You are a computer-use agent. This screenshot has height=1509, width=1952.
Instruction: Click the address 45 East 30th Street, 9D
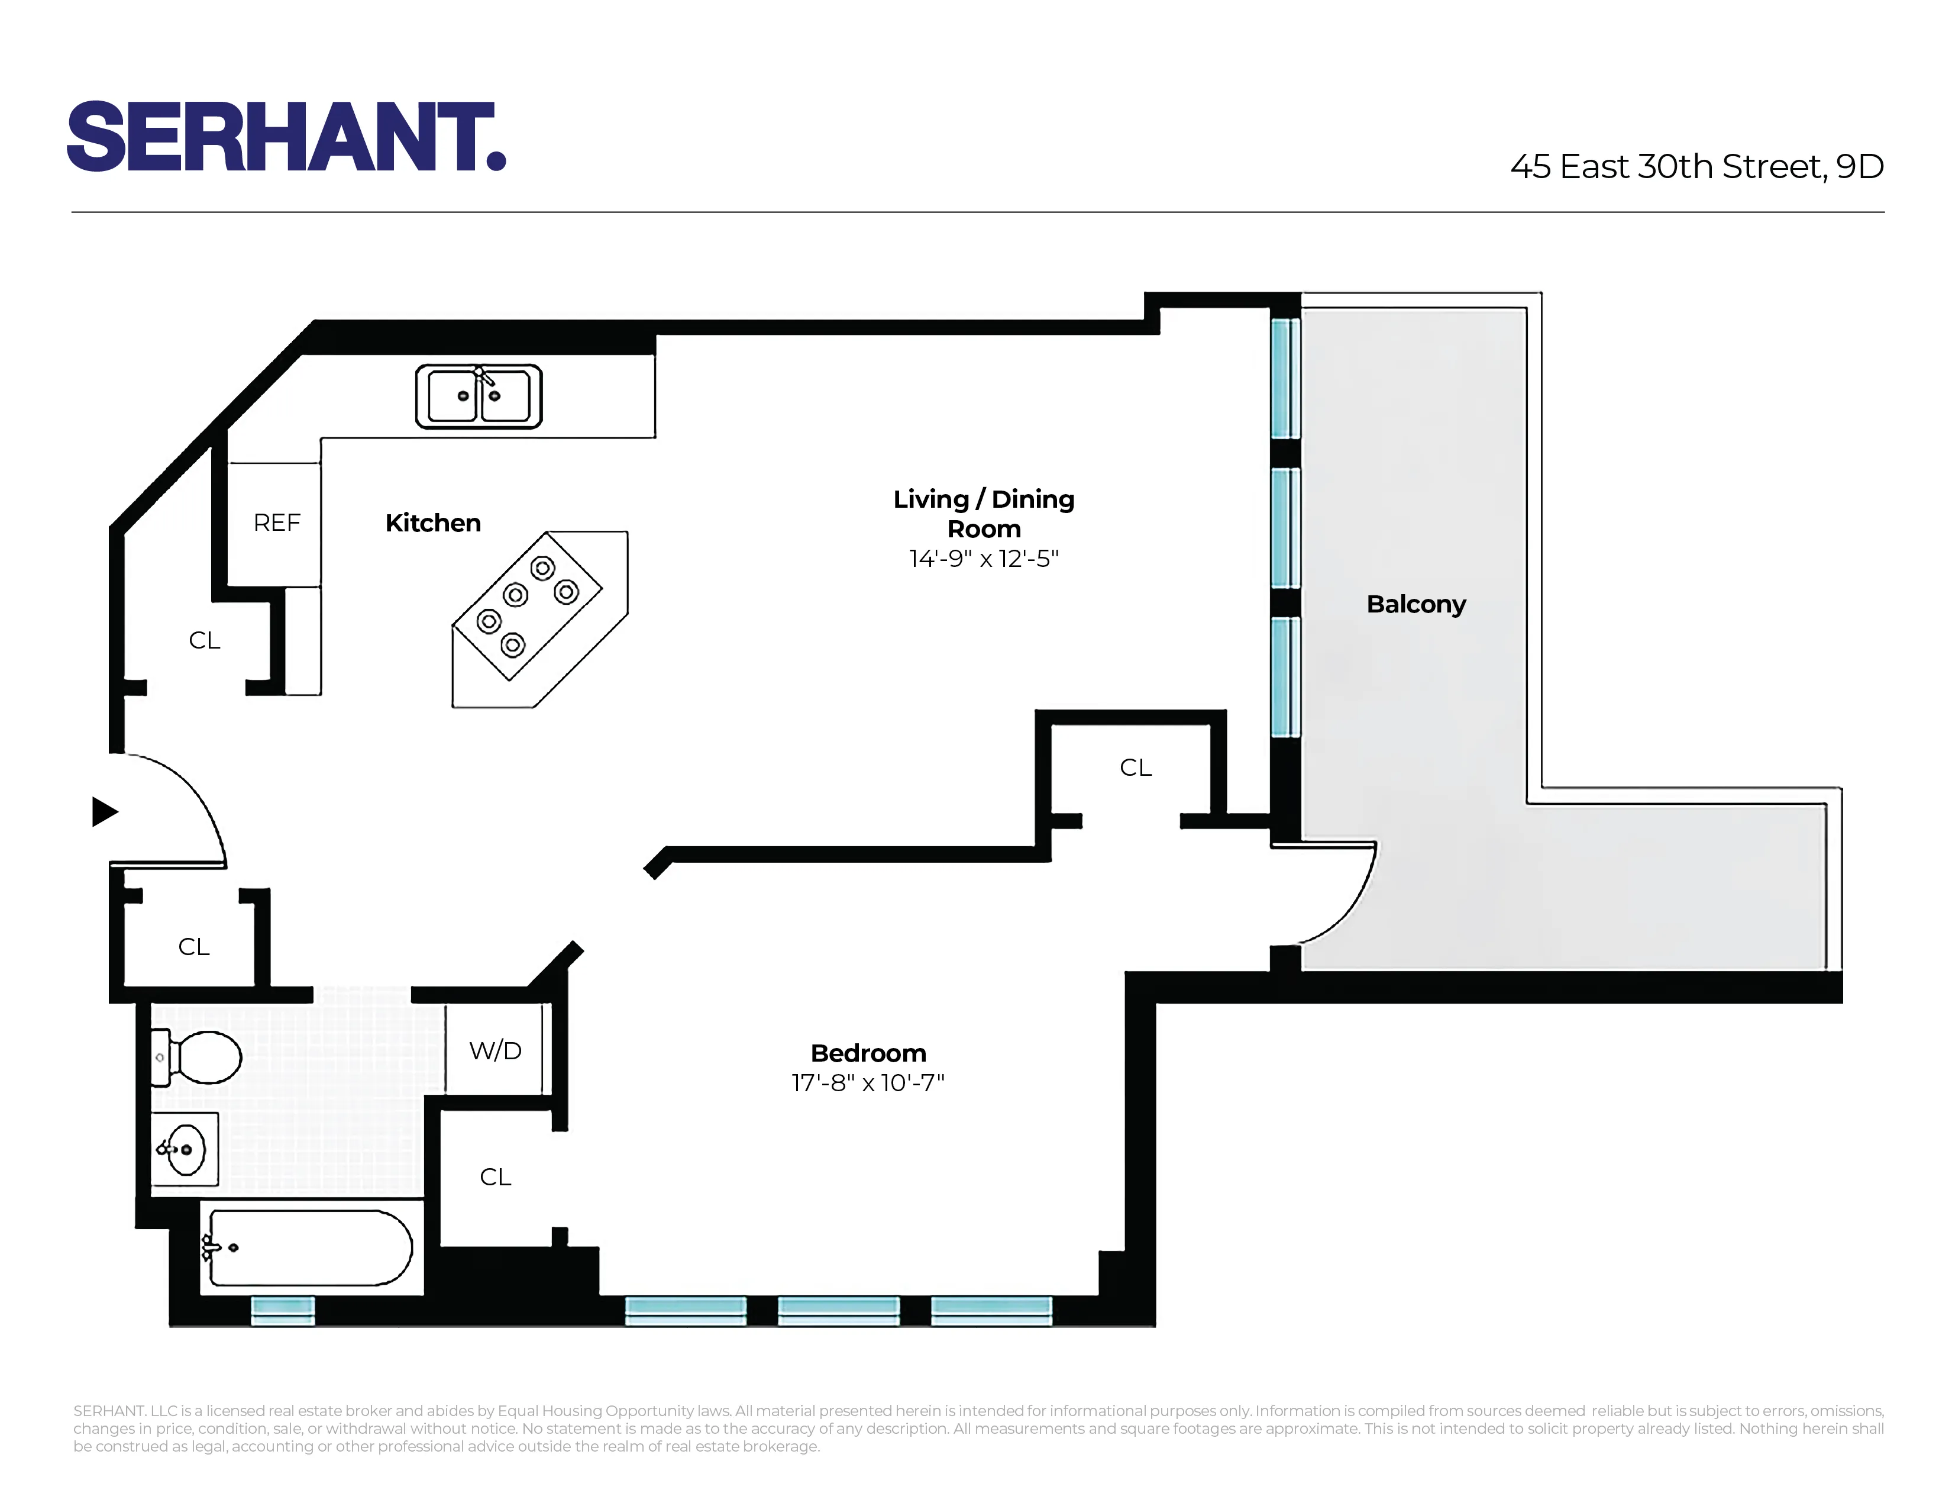1696,166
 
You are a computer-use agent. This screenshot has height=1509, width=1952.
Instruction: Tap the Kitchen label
432,523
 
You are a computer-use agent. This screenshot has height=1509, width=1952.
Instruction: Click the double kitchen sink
478,396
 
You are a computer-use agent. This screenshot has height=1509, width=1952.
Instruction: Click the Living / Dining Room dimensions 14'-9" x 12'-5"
983,559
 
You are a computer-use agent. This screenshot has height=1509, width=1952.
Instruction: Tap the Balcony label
1415,604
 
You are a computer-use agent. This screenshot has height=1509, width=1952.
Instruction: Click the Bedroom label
868,1053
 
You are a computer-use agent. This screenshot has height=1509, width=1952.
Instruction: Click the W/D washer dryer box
495,1050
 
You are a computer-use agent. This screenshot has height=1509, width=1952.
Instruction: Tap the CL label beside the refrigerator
204,640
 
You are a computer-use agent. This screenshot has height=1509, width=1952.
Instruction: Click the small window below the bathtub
282,1311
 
